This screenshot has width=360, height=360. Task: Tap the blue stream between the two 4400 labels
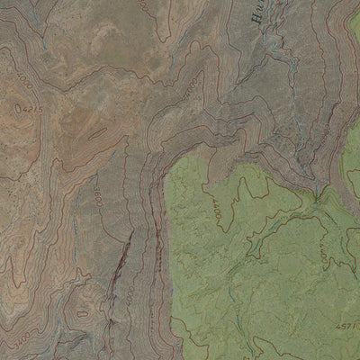pos(270,225)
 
